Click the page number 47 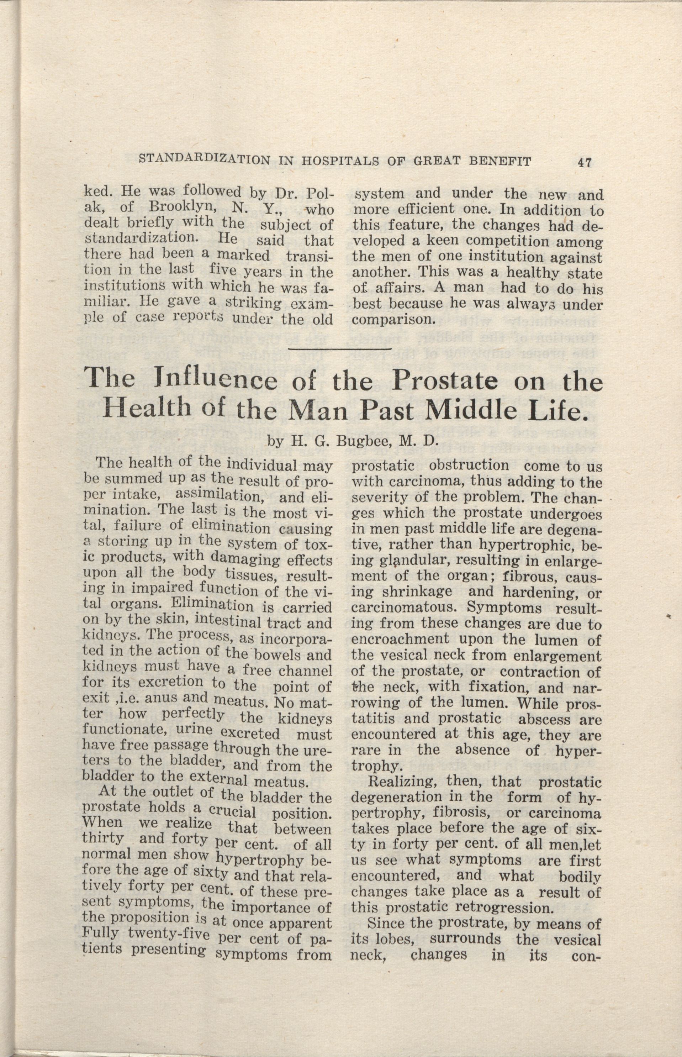[584, 163]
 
